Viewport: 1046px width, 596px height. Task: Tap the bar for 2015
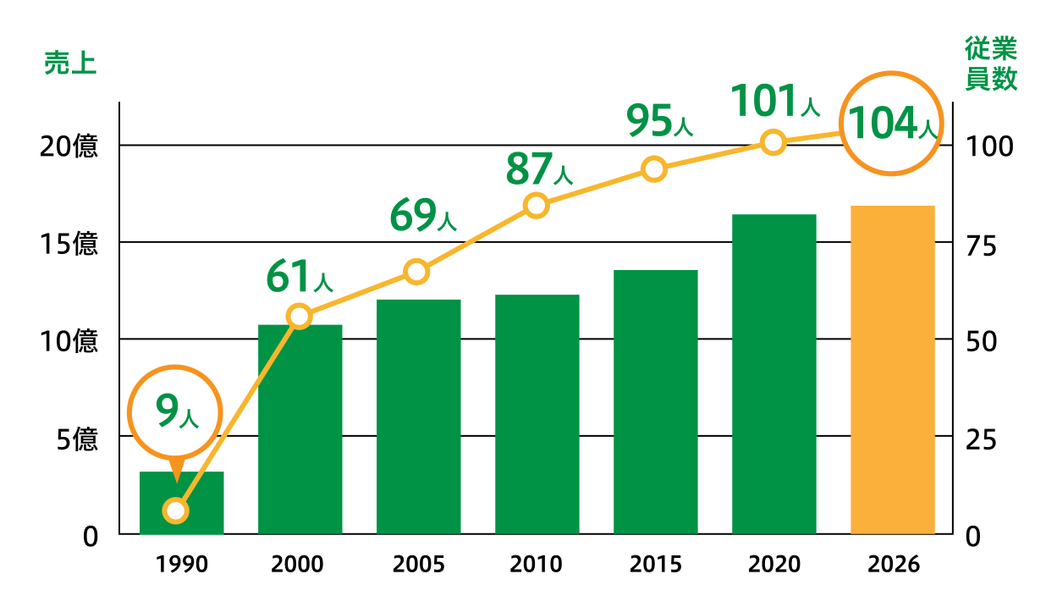coord(655,402)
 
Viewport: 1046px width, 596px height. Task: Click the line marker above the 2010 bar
coord(537,205)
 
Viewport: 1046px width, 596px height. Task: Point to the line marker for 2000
coord(300,317)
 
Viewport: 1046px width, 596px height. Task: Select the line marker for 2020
coord(773,142)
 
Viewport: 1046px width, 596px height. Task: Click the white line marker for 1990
coord(176,510)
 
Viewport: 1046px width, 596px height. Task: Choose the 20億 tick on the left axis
coord(69,146)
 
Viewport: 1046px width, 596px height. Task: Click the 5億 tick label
coord(76,439)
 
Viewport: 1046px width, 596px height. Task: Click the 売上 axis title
coord(69,65)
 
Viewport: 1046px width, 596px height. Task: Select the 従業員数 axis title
coord(991,63)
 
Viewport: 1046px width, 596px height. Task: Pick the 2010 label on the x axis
coord(537,565)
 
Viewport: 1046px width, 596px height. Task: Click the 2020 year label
coord(773,565)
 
